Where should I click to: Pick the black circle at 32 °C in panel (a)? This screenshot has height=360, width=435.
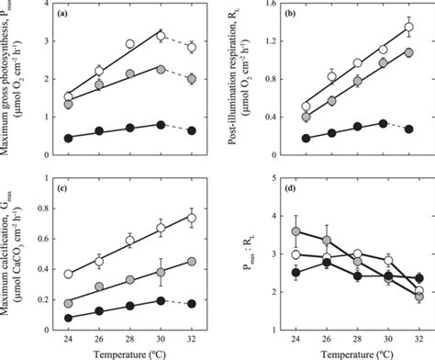(x=191, y=130)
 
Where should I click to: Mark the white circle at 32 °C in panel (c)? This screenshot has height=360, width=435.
(x=191, y=218)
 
